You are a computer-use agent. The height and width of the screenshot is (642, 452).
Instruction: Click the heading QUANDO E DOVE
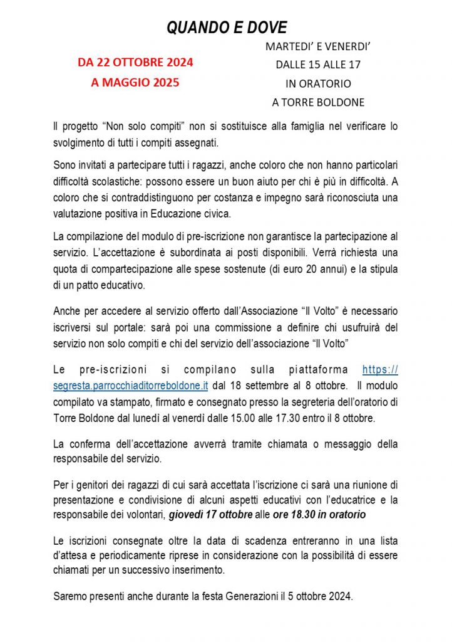point(226,28)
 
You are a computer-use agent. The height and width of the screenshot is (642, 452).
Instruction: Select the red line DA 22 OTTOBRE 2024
point(135,62)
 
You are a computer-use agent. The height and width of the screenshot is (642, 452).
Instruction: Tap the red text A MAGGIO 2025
point(135,82)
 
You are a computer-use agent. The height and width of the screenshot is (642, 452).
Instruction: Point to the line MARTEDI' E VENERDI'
point(318,46)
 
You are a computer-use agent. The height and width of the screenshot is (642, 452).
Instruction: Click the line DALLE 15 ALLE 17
point(318,65)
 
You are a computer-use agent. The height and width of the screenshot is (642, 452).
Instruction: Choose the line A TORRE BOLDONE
point(318,102)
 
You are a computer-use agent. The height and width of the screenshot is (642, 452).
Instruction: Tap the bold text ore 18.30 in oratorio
point(319,515)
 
